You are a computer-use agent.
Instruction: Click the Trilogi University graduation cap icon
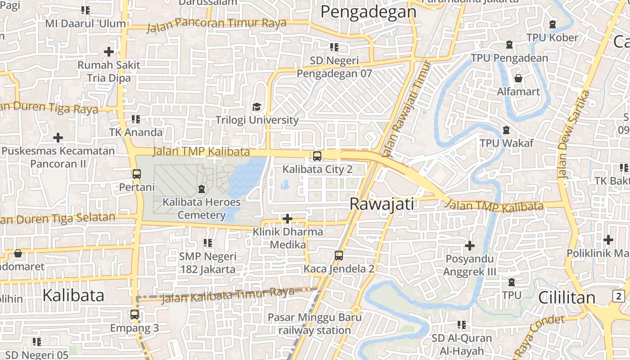click(256, 107)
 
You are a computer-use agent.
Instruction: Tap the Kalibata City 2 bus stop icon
click(317, 156)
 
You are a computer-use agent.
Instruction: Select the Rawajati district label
click(382, 204)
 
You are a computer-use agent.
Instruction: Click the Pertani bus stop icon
click(137, 174)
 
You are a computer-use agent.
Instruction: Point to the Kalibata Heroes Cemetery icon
click(201, 189)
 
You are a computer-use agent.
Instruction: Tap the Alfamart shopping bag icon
click(518, 78)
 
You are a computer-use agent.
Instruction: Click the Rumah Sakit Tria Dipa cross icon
click(108, 52)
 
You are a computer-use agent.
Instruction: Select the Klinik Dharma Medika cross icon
click(287, 219)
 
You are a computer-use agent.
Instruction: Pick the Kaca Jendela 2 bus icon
click(339, 256)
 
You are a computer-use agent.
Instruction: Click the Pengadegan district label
click(369, 12)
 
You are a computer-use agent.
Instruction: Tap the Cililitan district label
click(567, 297)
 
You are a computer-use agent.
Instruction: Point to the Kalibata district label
click(73, 295)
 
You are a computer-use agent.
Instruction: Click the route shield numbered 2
click(619, 296)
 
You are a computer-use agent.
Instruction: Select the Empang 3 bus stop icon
click(135, 315)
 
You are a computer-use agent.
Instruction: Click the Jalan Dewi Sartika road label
click(572, 134)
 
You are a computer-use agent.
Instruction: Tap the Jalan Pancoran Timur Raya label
click(216, 24)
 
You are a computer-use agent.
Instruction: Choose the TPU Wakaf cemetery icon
click(506, 130)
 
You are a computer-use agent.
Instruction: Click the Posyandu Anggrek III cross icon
click(469, 246)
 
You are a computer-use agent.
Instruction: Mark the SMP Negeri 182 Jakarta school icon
click(207, 243)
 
